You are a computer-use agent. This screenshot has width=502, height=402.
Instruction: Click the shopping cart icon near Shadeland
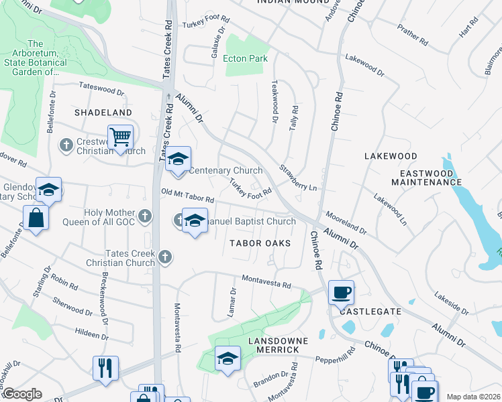(x=121, y=138)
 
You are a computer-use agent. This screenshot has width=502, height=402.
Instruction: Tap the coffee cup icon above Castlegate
(x=341, y=292)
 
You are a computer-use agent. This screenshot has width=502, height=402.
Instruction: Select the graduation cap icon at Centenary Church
(x=178, y=159)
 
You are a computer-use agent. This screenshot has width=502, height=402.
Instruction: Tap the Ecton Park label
(x=246, y=59)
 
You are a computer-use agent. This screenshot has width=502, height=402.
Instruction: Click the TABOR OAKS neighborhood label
(x=260, y=243)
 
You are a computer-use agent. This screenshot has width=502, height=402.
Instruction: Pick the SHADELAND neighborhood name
(x=103, y=113)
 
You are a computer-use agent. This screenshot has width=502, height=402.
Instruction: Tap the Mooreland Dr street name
(x=346, y=223)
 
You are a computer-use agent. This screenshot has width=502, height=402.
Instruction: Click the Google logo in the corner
(x=21, y=394)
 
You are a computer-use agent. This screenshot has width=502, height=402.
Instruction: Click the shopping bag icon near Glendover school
(x=35, y=218)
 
